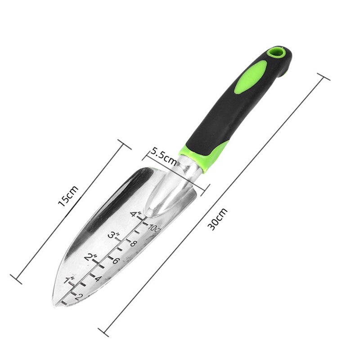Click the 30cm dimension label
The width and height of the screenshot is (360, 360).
click(218, 219)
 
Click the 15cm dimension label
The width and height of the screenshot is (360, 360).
click(68, 195)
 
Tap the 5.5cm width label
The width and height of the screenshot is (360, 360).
click(163, 155)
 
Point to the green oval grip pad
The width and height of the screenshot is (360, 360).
click(251, 77)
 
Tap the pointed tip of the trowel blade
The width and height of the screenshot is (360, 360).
click(55, 304)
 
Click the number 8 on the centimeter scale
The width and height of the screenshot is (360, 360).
click(133, 243)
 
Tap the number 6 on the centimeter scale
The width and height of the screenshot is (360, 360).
click(116, 261)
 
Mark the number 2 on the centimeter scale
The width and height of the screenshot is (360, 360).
click(78, 296)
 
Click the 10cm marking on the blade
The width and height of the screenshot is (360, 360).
click(154, 228)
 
